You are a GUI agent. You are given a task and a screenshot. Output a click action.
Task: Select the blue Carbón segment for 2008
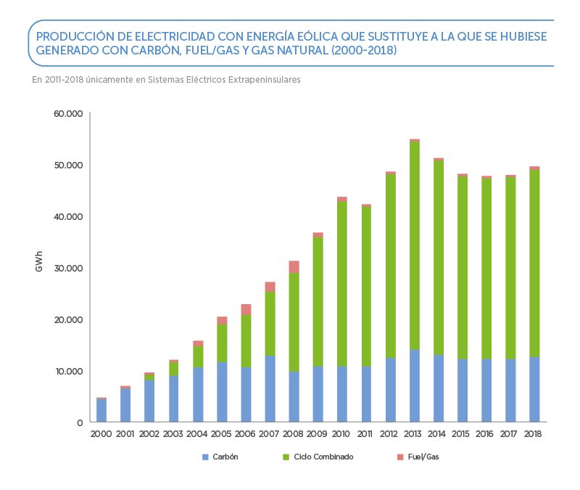(294, 396)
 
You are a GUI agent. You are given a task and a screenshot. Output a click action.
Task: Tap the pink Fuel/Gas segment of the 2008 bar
(294, 266)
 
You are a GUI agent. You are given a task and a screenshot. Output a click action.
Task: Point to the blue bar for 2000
(101, 410)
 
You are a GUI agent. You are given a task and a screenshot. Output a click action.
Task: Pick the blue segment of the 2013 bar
(415, 385)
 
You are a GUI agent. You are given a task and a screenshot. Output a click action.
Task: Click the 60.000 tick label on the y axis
(69, 114)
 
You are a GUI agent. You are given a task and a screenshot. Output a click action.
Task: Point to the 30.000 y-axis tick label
(69, 268)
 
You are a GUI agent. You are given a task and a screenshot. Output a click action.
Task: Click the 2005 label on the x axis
(222, 434)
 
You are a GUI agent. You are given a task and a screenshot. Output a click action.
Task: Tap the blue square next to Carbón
(205, 457)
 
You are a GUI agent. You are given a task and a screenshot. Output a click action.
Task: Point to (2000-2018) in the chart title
(356, 52)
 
